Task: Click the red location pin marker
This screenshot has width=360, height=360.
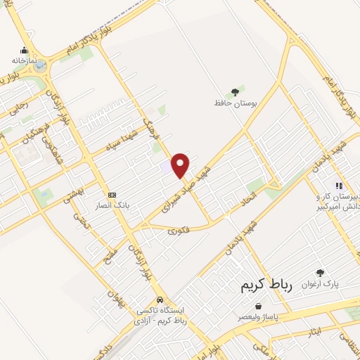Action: pos(181,165)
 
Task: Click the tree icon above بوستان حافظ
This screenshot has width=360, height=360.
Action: pos(234,91)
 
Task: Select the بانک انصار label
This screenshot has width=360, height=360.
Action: pos(111,207)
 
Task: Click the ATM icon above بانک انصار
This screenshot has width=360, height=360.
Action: pos(111,195)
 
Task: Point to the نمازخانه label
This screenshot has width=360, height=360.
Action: pos(23,61)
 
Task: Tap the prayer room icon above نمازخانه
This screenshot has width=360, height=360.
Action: pos(25,50)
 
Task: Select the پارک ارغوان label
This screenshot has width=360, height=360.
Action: pos(321,285)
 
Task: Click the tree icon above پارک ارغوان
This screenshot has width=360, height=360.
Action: pos(321,273)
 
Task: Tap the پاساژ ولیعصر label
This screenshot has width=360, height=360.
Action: pos(259,318)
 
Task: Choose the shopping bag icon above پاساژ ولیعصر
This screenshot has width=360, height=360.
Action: pos(260,307)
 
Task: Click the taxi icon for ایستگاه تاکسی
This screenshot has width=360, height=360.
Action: pos(160,298)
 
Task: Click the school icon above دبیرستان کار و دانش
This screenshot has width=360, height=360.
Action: pos(338,186)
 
